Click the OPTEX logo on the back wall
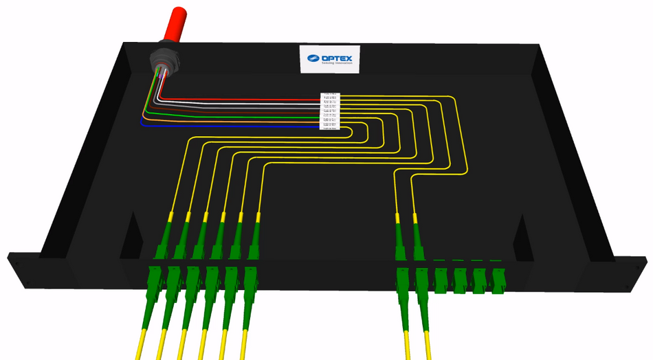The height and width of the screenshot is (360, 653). click(x=330, y=58)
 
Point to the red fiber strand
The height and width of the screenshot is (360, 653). click(x=241, y=100)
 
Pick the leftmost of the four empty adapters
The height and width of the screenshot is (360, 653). click(x=443, y=276)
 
